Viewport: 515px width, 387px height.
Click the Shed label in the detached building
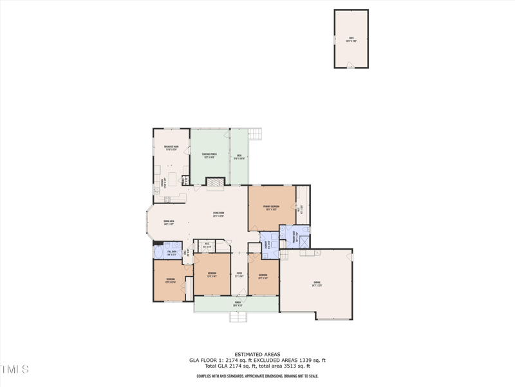351,38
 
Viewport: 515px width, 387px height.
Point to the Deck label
238,157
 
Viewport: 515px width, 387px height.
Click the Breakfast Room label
171,148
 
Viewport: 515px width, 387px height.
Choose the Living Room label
219,214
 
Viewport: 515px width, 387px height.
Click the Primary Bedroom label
271,208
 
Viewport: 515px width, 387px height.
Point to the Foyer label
239,275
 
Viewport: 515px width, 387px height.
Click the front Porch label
238,303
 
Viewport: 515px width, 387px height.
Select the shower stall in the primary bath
304,242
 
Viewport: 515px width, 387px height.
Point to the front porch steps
238,317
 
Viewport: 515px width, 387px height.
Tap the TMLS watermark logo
15,370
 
